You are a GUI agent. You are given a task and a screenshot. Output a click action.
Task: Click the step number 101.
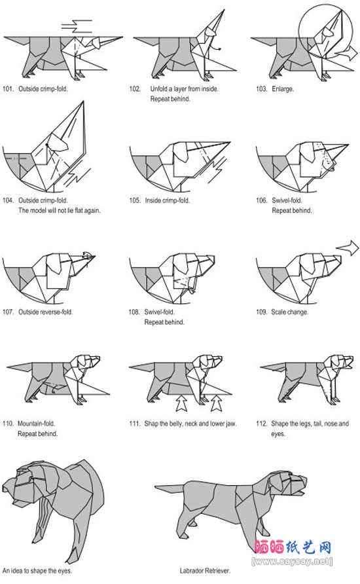coord(8,88)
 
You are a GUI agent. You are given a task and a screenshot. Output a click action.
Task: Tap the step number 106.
coord(261,200)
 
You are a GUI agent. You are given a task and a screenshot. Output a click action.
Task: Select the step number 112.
coord(261,424)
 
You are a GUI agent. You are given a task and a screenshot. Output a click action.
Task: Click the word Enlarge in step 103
coord(283,89)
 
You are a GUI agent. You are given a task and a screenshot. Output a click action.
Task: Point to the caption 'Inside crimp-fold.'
coord(167,200)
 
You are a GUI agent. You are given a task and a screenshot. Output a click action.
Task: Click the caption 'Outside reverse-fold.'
coord(45,312)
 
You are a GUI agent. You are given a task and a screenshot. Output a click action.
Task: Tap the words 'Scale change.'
coord(290,312)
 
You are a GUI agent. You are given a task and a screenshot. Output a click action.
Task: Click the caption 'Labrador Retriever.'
coord(205,571)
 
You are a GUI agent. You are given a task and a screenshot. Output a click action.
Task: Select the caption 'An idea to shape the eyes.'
coord(37,571)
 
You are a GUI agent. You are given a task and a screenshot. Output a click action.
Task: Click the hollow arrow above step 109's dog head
coord(348,247)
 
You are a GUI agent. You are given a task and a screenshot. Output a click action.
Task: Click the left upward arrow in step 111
coord(181,403)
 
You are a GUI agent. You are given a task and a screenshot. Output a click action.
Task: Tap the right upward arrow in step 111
coord(216,403)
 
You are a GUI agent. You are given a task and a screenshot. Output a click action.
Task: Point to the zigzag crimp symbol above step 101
coord(77,26)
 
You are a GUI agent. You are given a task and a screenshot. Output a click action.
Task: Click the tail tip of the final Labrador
coord(155,486)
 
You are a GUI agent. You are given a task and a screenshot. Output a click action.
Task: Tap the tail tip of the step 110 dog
coord(7,367)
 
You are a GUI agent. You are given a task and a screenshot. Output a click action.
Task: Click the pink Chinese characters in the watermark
coord(293,547)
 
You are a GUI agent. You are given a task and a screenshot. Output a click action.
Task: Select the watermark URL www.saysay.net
coord(292,561)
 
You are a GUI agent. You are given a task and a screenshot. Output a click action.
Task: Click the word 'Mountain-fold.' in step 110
coord(37,424)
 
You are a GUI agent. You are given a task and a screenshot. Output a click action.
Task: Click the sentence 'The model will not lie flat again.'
coord(60,210)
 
